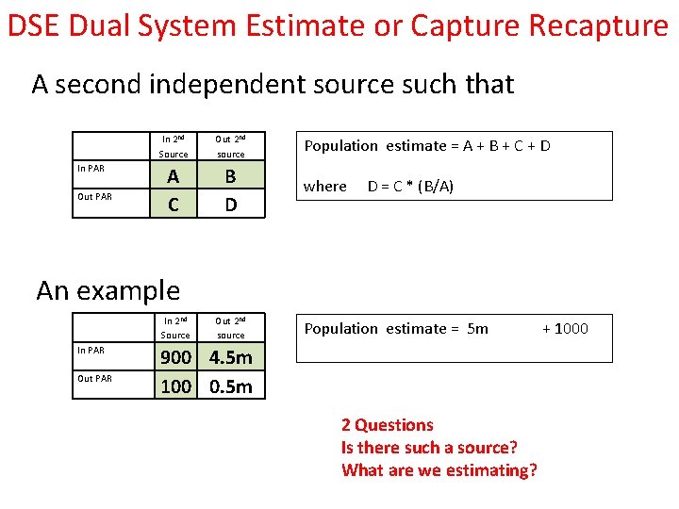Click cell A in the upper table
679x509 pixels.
(173, 176)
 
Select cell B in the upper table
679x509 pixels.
(230, 176)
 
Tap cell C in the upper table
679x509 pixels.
(173, 204)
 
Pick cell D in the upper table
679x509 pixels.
(230, 204)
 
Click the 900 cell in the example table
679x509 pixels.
(175, 358)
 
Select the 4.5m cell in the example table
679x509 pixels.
(231, 358)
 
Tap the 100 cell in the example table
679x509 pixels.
(175, 386)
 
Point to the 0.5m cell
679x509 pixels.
(231, 386)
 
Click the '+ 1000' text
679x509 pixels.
(565, 328)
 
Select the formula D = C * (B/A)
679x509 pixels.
(410, 186)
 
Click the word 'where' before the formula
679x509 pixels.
(325, 186)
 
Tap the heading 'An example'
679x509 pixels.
(108, 290)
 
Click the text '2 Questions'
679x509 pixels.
(388, 425)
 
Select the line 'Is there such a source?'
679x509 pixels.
(429, 448)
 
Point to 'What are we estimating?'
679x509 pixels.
(439, 470)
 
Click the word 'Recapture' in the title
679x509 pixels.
(598, 25)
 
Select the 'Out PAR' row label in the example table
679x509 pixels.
(94, 379)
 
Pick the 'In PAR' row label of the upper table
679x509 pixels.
(91, 169)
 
